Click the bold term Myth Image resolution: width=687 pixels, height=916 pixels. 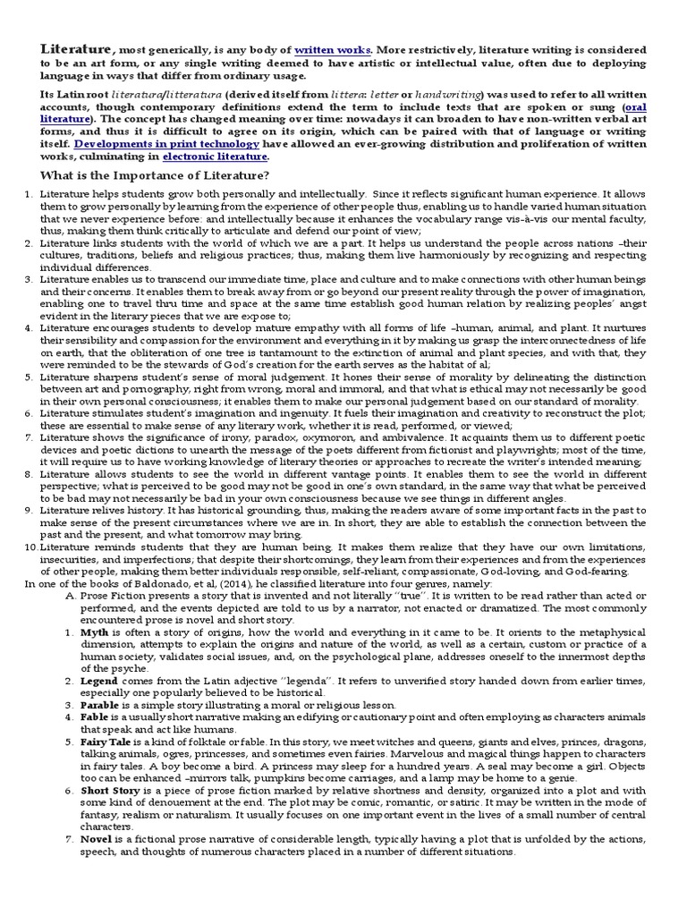click(95, 631)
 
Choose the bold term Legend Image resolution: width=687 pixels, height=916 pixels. click(101, 680)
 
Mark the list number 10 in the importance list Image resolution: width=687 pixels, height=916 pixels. click(30, 546)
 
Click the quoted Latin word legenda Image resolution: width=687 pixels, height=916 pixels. click(328, 680)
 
